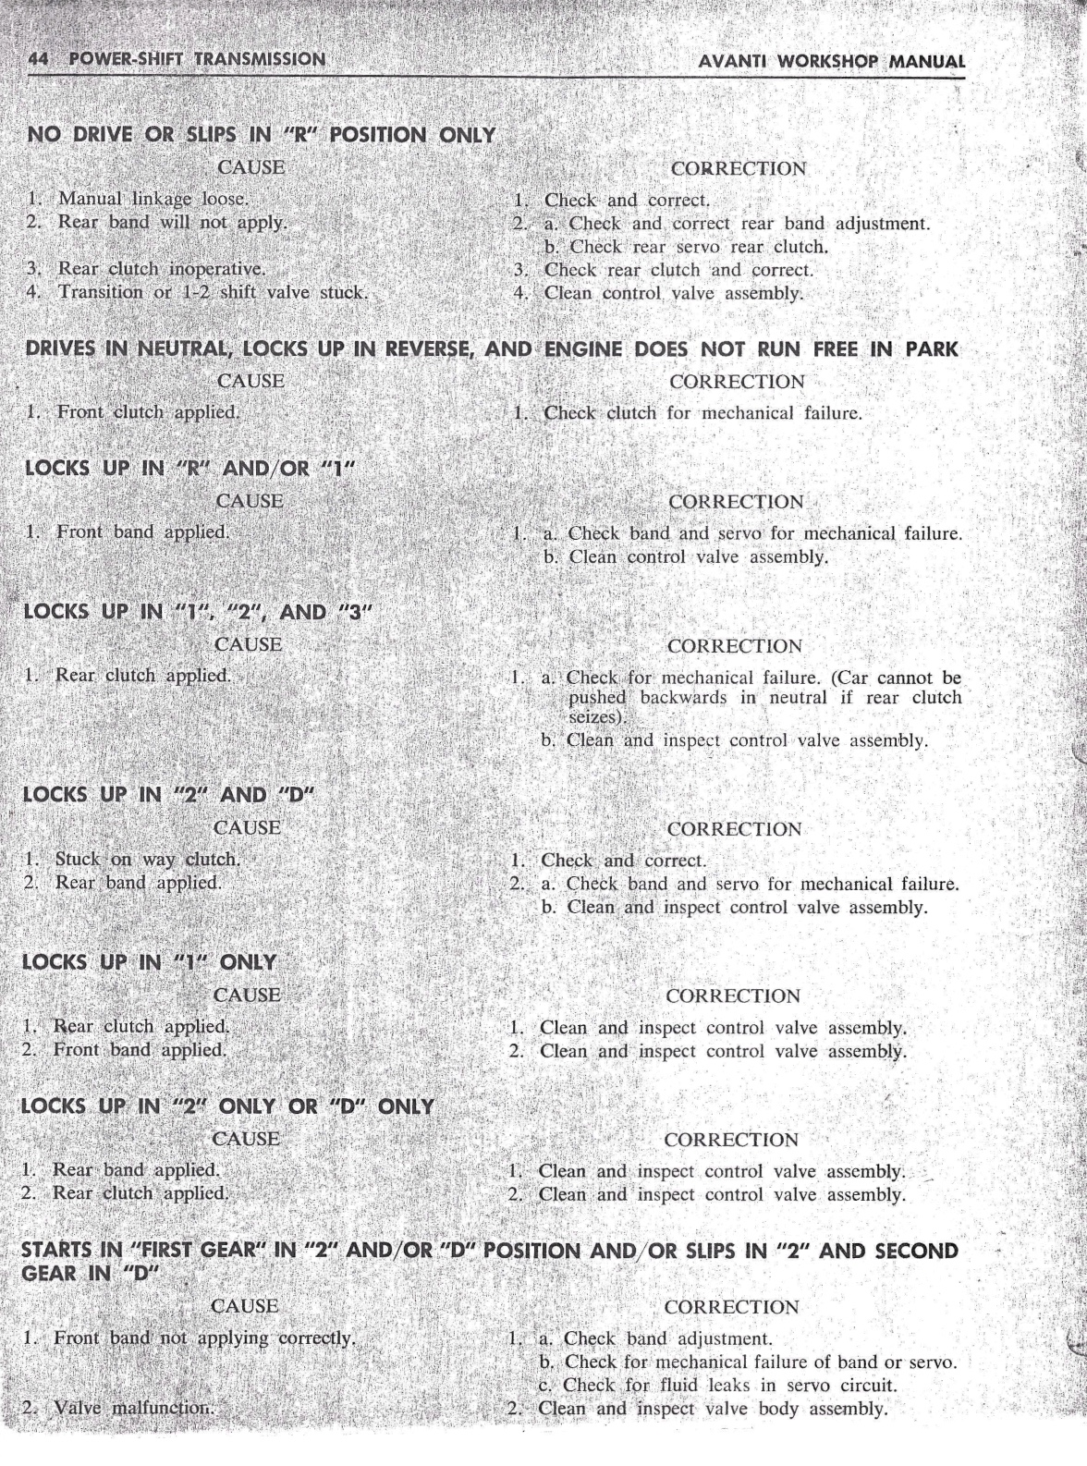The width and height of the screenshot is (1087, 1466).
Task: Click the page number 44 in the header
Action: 38,59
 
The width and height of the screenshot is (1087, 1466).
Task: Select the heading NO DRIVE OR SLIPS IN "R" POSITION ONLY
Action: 262,135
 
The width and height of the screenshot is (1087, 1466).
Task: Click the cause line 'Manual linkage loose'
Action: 153,198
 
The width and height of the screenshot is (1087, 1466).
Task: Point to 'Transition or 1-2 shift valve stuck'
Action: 213,292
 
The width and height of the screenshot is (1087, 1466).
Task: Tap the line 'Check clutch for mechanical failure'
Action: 702,413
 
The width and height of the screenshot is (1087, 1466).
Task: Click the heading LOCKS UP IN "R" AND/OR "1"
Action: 190,468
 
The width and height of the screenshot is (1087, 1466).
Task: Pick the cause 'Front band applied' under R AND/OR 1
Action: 141,532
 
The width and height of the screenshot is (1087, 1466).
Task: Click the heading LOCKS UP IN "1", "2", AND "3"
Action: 197,612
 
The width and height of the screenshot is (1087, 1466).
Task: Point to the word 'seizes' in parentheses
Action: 597,717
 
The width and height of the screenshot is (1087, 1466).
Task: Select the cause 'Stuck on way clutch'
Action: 147,859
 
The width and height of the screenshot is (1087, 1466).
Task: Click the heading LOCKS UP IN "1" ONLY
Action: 149,962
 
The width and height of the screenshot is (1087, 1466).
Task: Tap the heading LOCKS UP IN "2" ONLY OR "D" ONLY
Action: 227,1106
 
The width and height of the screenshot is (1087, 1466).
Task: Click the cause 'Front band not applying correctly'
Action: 204,1338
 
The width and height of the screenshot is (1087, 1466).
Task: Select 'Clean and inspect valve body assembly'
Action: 712,1409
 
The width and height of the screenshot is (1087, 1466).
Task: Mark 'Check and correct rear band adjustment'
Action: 749,224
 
